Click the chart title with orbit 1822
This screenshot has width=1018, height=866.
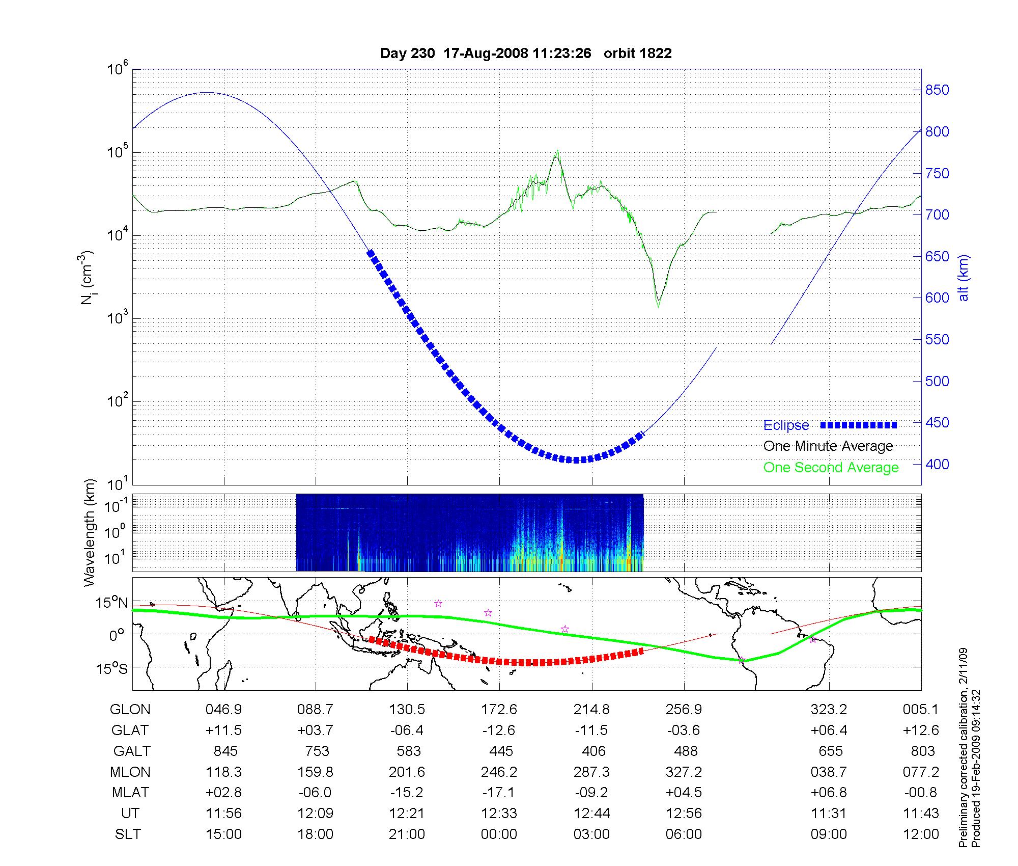point(526,53)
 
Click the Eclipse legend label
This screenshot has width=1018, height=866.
point(786,425)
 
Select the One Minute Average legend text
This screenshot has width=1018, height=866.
point(828,446)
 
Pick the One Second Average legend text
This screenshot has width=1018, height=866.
point(831,468)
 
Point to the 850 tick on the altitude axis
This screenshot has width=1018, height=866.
point(937,90)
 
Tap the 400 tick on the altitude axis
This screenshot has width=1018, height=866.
point(937,464)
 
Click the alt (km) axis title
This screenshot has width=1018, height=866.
point(964,278)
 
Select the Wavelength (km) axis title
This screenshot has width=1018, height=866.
point(90,533)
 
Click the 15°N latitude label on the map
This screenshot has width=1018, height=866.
point(112,603)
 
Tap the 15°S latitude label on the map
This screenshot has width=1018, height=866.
point(112,668)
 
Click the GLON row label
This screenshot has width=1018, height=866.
point(130,710)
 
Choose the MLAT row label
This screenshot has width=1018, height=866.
point(130,793)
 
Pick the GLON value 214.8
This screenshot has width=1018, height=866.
point(591,710)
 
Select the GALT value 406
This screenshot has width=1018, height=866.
point(593,751)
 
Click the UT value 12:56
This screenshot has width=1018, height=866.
point(684,814)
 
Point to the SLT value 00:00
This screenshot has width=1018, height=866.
point(499,834)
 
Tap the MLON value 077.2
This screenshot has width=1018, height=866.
point(921,772)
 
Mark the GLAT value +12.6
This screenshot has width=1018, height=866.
point(921,730)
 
